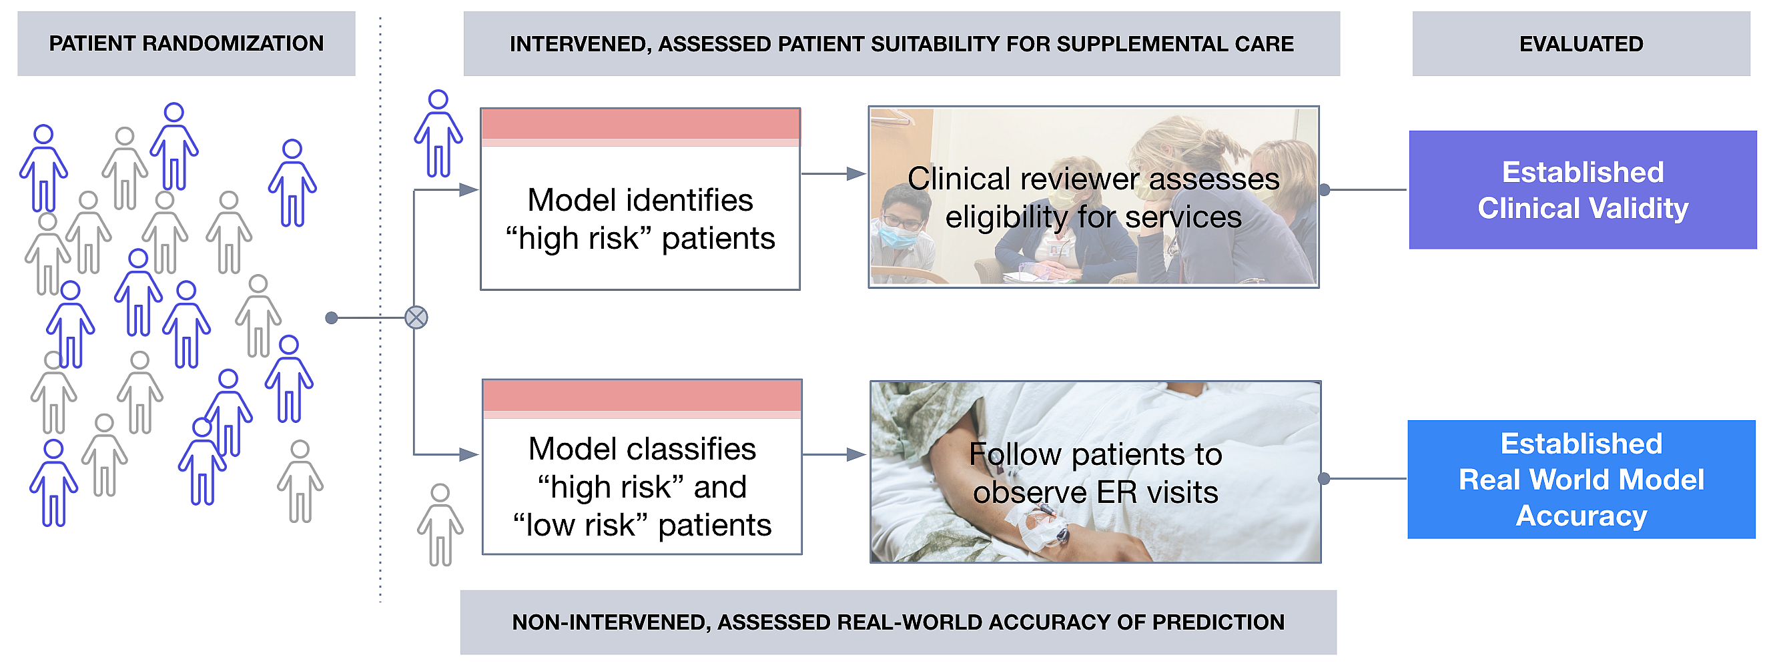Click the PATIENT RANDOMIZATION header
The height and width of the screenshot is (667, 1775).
186,43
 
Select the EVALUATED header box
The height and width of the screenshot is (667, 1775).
1581,43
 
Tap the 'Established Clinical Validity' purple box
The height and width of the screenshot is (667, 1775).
1583,189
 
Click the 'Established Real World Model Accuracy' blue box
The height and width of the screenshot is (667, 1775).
1581,480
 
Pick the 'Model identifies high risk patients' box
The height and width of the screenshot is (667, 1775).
640,199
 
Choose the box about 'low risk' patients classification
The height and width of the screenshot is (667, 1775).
642,466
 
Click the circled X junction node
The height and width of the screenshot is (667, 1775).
416,317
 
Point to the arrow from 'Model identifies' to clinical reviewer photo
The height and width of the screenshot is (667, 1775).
833,173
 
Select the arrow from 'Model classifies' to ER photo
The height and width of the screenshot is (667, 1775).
834,455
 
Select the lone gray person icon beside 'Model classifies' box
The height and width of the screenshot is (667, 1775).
440,525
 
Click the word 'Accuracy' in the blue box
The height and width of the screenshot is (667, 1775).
1581,516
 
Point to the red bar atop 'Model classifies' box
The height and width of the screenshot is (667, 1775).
642,396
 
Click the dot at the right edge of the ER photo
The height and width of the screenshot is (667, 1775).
1324,479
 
